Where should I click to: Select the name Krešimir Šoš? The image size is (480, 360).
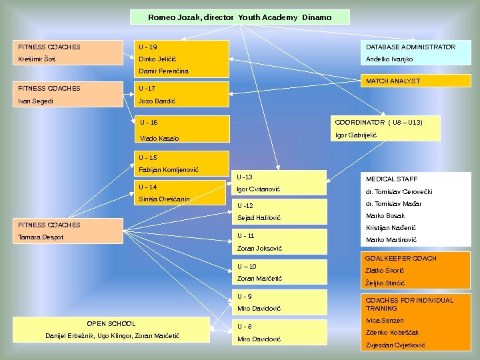pos(36,59)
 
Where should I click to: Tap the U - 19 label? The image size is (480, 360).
pos(148,47)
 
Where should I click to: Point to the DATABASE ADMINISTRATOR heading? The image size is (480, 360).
pos(411,47)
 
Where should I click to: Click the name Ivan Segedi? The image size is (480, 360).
pos(36,101)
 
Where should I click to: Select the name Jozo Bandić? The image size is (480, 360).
pos(157,101)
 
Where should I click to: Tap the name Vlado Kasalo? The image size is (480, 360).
pos(159,138)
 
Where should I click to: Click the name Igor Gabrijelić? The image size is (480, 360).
pos(356,135)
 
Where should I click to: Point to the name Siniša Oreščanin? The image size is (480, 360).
pos(164,199)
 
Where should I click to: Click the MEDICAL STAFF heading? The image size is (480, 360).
pos(392,179)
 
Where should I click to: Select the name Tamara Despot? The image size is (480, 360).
pos(41,237)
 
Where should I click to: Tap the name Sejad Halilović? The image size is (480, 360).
pos(259,218)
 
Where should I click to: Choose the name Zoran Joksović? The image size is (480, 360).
pos(260,249)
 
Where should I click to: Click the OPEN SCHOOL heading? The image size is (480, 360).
pos(111,323)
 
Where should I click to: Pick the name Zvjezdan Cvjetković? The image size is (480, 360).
pos(396,345)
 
